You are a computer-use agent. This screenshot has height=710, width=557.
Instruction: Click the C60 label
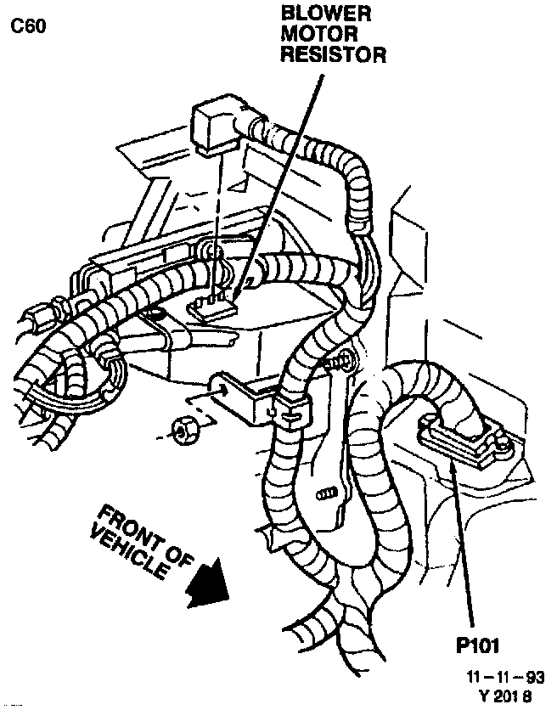point(28,26)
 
